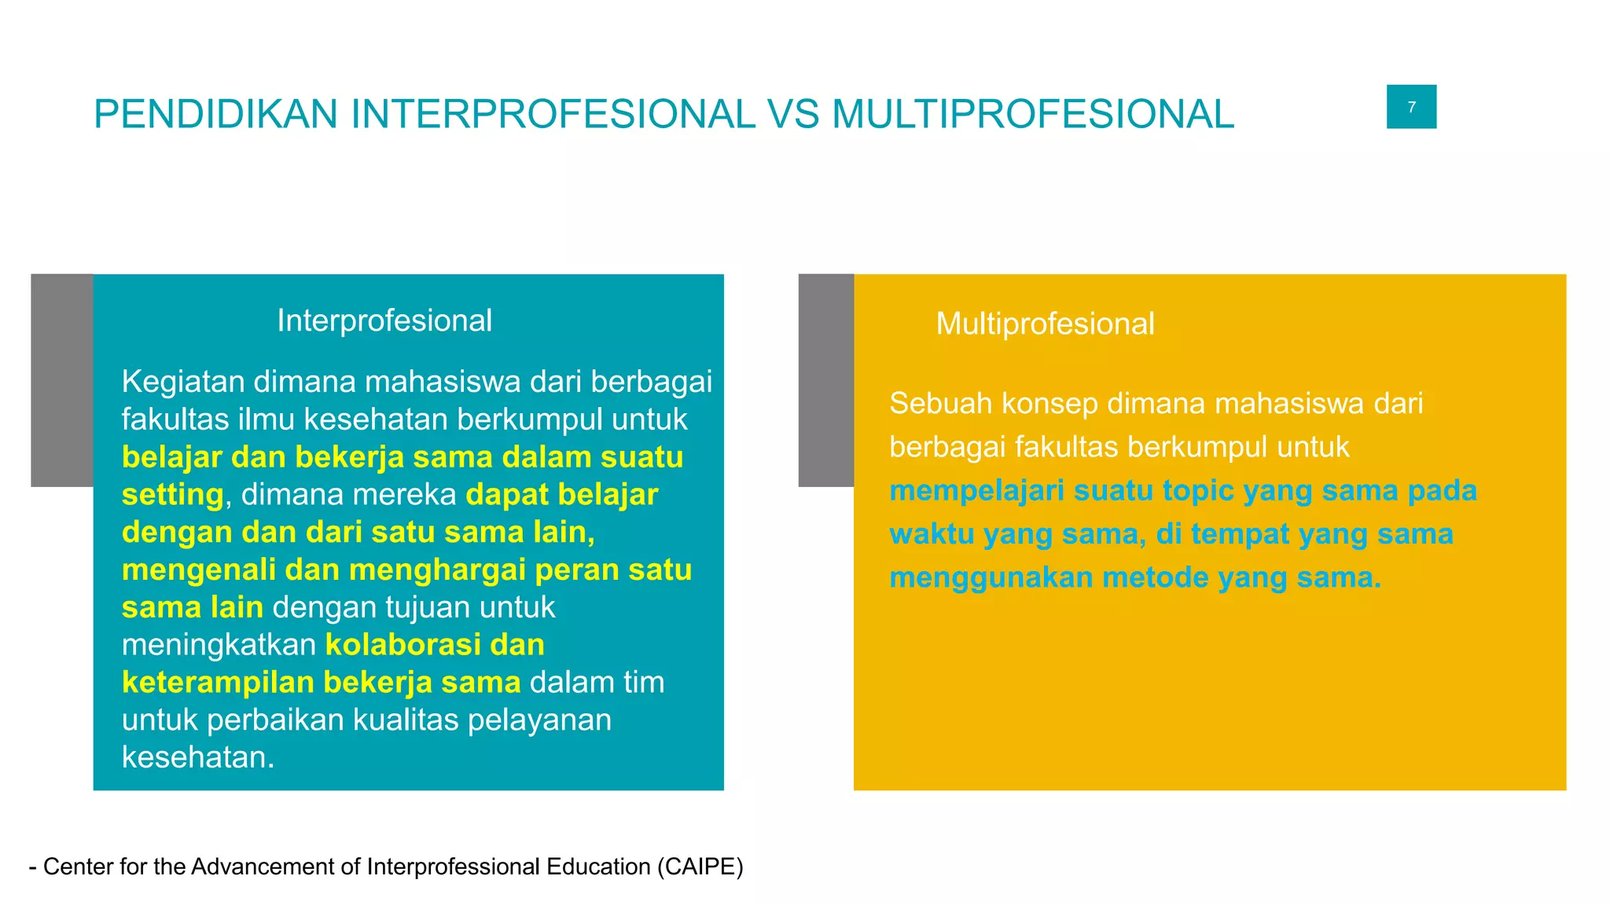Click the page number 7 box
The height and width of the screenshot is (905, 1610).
pos(1411,107)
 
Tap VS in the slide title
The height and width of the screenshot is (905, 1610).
pos(792,114)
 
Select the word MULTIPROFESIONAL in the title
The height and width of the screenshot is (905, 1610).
pos(1032,114)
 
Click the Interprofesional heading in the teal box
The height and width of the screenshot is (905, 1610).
pos(384,321)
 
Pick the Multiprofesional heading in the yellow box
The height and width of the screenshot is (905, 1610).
pos(1045,324)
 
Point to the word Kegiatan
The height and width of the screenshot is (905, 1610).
pos(182,382)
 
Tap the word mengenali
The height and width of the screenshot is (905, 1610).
pos(198,570)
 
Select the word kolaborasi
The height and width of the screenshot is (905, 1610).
pos(406,645)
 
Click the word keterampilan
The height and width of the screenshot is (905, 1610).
pos(218,682)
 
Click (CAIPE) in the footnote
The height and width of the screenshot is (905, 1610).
pos(700,867)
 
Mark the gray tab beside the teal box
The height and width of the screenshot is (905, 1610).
pos(61,380)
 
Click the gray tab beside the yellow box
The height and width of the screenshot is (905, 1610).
pos(825,380)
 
